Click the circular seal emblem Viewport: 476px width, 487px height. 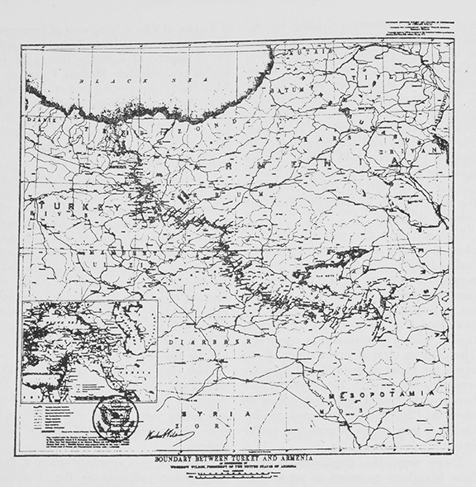tap(115, 417)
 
